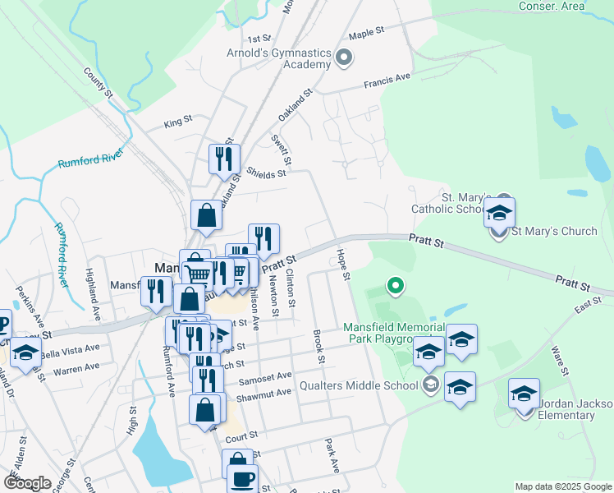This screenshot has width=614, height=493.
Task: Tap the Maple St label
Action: (367, 32)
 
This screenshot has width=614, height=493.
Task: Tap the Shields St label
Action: (266, 173)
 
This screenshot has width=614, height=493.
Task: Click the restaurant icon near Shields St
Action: (224, 158)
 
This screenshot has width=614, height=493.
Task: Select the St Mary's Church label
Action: (554, 231)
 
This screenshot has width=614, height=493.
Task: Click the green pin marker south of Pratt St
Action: (396, 286)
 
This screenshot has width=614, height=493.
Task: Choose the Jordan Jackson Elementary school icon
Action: (524, 395)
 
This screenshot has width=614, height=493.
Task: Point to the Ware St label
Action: (560, 360)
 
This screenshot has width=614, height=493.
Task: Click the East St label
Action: (588, 306)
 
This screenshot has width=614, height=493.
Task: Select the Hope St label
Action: (345, 263)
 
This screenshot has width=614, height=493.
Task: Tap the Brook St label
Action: (318, 348)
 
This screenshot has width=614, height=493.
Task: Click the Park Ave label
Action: (332, 455)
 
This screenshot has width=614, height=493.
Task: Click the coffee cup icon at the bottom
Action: (242, 479)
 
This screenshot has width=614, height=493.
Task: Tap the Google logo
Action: (27, 483)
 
